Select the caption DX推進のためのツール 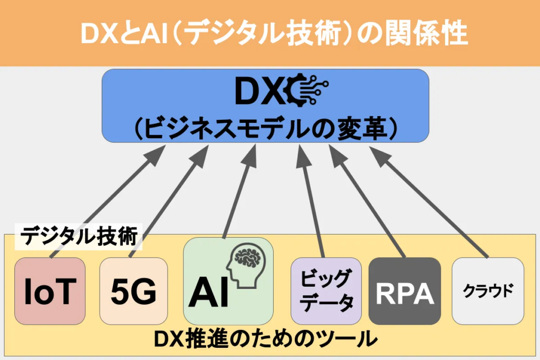pyautogui.click(x=266, y=339)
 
